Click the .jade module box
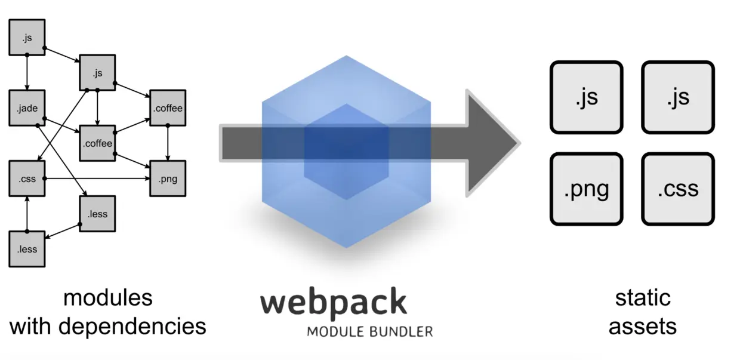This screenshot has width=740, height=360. (x=27, y=108)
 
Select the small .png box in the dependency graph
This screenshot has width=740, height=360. (x=168, y=179)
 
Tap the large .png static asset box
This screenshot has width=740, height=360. (x=586, y=189)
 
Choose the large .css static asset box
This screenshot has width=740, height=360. (x=677, y=189)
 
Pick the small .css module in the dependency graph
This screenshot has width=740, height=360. (x=27, y=179)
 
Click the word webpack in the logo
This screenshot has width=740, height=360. (x=333, y=303)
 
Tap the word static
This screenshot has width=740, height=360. (x=643, y=297)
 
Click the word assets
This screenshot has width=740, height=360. (x=643, y=326)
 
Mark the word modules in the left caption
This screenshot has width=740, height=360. (x=107, y=297)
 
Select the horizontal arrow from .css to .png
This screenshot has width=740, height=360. (x=95, y=179)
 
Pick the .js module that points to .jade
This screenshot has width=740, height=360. (x=27, y=38)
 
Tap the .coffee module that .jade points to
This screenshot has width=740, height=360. (x=97, y=143)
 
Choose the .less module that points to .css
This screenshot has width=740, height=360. (x=27, y=249)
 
